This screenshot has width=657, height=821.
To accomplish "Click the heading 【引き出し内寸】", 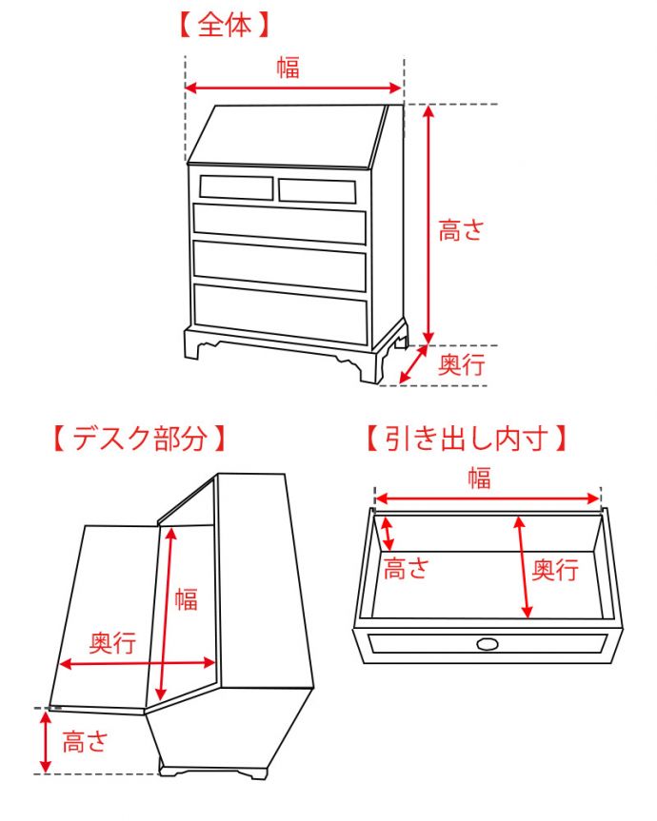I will [467, 439].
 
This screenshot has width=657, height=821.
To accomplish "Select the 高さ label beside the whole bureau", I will [462, 229].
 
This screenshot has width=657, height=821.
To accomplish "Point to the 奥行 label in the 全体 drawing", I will [462, 364].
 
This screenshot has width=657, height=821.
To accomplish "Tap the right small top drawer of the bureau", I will [317, 190].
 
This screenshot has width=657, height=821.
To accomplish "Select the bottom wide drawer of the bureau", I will [281, 313].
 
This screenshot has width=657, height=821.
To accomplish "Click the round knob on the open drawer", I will [488, 645].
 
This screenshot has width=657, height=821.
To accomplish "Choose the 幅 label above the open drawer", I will [479, 478].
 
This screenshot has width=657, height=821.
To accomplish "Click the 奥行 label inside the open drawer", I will [555, 570].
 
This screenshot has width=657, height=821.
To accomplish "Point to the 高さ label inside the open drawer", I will [407, 569].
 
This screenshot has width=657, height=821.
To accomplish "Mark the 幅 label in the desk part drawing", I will [187, 598].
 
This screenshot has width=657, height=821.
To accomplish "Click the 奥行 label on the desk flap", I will [112, 643].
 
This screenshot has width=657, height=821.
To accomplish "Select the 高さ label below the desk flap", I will [86, 742].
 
